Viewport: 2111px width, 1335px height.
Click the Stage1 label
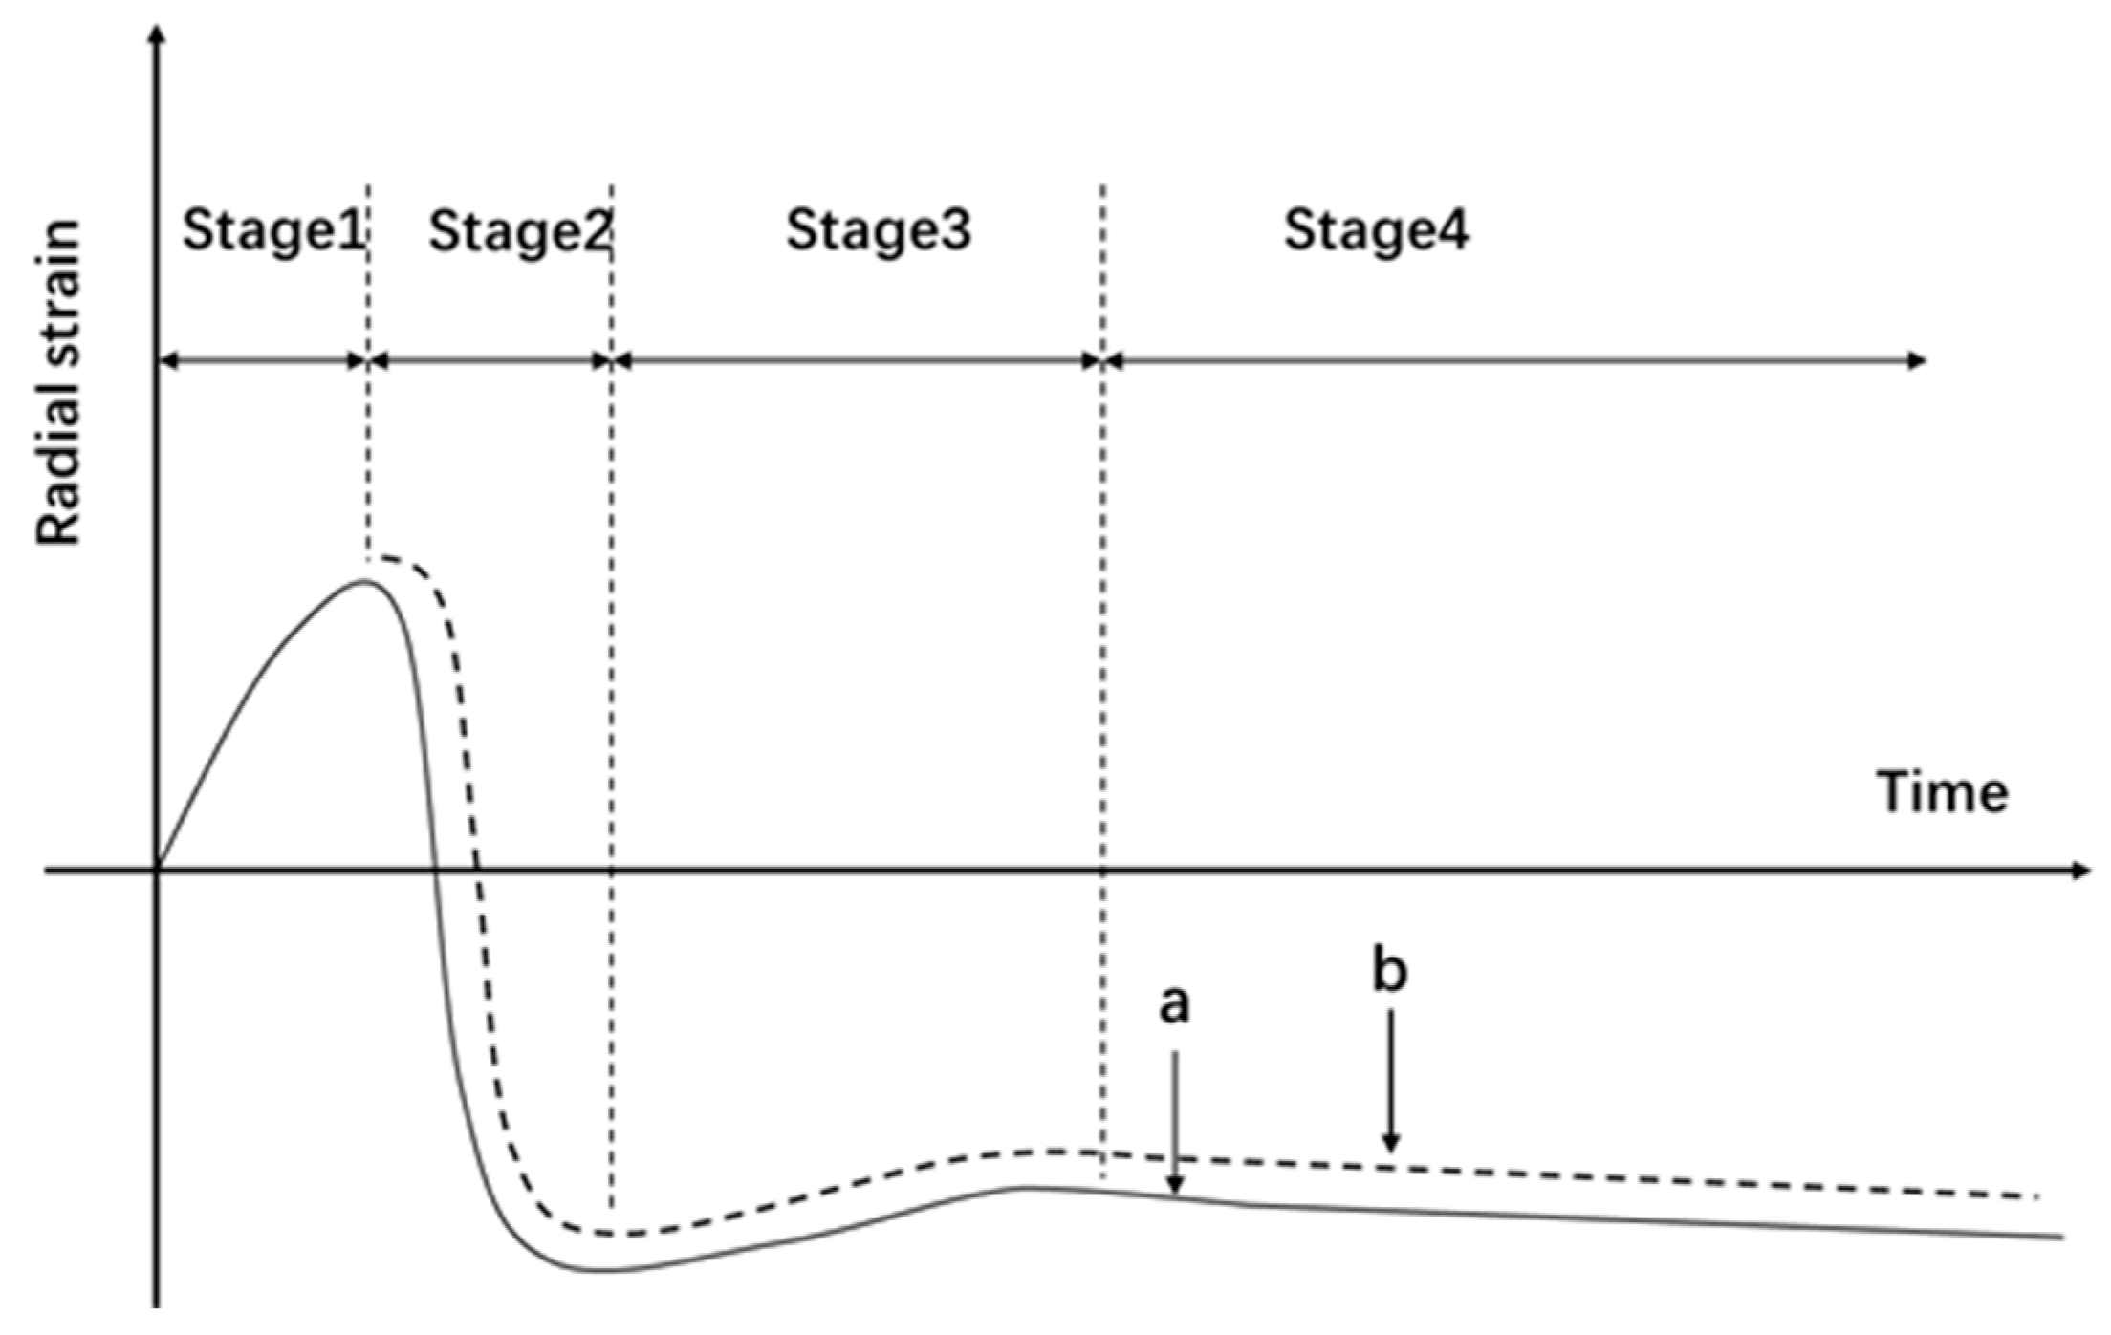pos(273,232)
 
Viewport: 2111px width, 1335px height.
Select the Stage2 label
pos(519,232)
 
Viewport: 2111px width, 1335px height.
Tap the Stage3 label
pos(879,232)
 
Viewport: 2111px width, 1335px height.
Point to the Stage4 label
pos(1376,232)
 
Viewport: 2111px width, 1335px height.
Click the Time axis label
pos(1943,792)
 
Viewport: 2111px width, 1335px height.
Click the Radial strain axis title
pos(58,382)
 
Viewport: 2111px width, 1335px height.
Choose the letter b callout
pos(1391,970)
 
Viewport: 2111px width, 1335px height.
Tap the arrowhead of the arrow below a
pos(1176,1186)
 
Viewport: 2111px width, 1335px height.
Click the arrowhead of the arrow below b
pos(1392,1143)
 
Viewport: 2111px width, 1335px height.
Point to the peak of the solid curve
pos(365,580)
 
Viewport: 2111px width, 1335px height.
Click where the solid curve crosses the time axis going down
pos(435,870)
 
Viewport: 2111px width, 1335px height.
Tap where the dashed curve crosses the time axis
pos(477,870)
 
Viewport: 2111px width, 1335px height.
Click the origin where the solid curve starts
pos(159,870)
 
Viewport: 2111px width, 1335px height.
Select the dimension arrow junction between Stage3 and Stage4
pos(1103,360)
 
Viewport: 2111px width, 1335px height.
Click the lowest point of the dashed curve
pos(607,1234)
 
